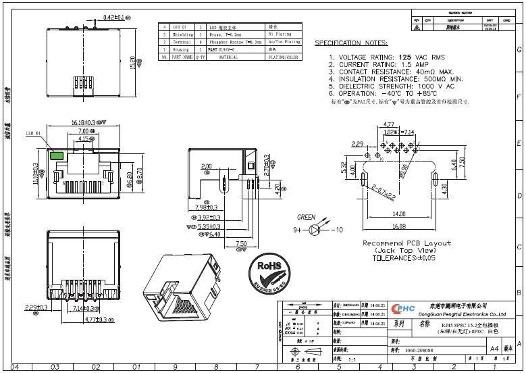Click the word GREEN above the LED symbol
click(x=306, y=217)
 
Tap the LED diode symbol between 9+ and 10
click(x=315, y=230)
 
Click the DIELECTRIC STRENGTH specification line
click(x=392, y=86)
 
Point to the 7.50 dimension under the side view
click(x=240, y=243)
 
